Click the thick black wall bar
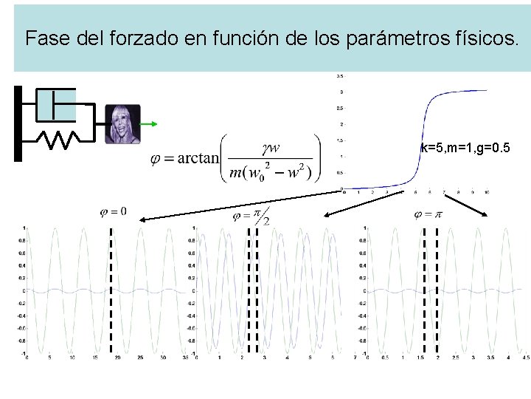(x=18, y=123)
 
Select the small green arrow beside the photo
(x=148, y=124)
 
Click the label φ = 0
(x=113, y=212)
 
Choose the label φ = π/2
(x=251, y=216)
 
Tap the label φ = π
(x=428, y=214)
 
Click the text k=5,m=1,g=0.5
(x=464, y=149)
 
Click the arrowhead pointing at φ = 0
(x=143, y=219)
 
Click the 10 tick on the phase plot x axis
(x=487, y=192)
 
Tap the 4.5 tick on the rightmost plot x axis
(x=524, y=358)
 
